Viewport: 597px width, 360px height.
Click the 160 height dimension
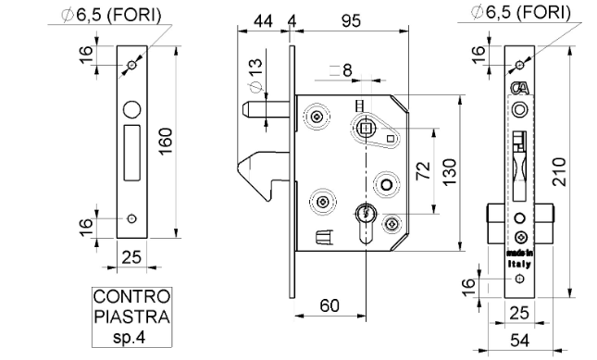point(166,142)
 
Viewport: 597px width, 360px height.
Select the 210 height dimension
point(559,171)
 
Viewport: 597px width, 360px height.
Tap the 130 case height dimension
point(450,172)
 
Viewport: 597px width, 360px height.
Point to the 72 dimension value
point(423,170)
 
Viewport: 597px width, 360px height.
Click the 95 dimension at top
point(351,21)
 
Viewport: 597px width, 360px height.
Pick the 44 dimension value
point(263,21)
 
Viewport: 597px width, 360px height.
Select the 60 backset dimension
point(330,305)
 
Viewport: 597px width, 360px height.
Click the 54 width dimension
point(519,341)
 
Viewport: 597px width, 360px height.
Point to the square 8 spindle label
point(342,70)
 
